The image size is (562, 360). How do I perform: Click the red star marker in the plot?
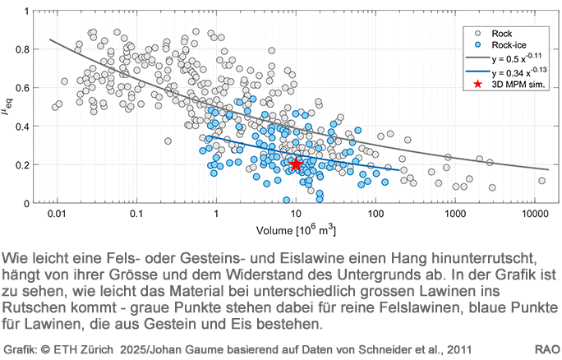[x=296, y=164]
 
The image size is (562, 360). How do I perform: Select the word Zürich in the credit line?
[x=103, y=348]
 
